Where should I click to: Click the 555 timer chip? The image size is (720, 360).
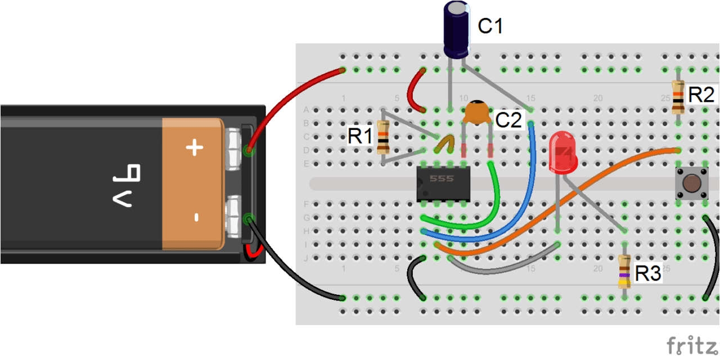coord(443,183)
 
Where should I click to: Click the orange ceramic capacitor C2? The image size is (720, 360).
coord(477,112)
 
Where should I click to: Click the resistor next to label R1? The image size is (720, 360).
coord(384,137)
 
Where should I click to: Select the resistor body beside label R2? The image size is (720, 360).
coord(678,97)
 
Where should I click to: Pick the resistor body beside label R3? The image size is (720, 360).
coord(624,271)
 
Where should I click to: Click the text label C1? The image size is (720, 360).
coord(490,26)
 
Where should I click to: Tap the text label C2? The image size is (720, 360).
coord(510,120)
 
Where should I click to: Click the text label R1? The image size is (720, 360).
coord(360,136)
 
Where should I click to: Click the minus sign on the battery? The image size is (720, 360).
coord(196,217)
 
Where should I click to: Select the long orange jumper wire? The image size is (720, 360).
coord(562,197)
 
